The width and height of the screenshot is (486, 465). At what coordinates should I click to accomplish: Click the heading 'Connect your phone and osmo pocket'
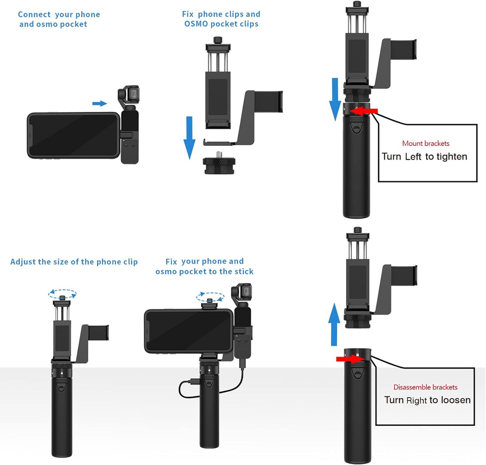(x=59, y=19)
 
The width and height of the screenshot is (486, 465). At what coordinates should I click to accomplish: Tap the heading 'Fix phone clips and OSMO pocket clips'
(x=221, y=19)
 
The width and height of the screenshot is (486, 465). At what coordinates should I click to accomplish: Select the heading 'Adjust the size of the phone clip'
(x=74, y=262)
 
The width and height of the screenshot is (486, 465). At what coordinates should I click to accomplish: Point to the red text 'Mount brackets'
(x=426, y=143)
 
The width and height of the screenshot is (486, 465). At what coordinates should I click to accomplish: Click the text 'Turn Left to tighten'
(x=424, y=156)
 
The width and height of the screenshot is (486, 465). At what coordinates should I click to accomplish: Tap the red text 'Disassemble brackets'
(x=425, y=387)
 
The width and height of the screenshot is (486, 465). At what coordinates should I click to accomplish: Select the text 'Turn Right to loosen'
(x=427, y=400)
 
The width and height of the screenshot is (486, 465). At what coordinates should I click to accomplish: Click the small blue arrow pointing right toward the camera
(x=99, y=104)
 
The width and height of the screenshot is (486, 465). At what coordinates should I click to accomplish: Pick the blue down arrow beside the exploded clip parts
(x=189, y=137)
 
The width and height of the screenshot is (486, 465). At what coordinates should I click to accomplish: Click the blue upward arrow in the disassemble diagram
(x=334, y=324)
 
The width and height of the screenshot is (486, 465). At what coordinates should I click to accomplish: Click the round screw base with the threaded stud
(x=219, y=163)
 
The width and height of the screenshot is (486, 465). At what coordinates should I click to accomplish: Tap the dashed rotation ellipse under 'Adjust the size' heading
(x=62, y=293)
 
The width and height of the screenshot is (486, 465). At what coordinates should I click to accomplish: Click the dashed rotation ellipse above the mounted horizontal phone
(x=210, y=297)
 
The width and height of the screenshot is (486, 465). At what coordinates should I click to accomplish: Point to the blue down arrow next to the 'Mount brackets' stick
(x=335, y=99)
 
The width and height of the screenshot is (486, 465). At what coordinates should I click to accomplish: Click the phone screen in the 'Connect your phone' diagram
(x=73, y=135)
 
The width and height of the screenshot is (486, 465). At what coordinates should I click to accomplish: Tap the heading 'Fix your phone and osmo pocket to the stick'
(x=205, y=266)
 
